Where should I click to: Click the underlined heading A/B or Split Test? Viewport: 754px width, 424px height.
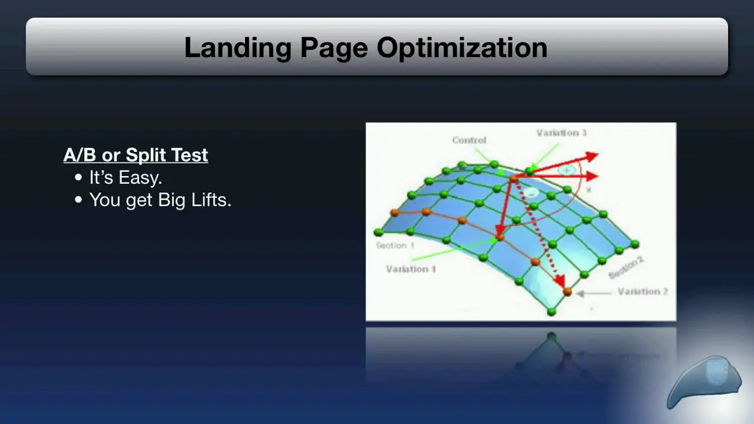(x=135, y=155)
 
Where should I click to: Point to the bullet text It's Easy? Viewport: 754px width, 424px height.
(x=125, y=177)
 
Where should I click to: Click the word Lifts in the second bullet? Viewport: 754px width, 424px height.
(x=211, y=200)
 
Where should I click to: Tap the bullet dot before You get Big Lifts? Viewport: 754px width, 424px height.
(x=78, y=200)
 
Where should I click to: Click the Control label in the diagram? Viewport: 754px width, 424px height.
(x=469, y=140)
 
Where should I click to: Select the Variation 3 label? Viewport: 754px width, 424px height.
(x=561, y=133)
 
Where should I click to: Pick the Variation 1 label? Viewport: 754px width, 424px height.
(x=411, y=269)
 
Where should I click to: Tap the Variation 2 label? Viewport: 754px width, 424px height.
(x=643, y=291)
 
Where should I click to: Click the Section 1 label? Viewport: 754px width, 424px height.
(x=395, y=246)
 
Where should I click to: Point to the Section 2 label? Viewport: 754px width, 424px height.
(x=626, y=268)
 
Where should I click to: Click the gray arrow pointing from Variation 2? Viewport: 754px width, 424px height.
(x=593, y=293)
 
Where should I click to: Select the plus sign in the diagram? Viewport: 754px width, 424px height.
(x=567, y=170)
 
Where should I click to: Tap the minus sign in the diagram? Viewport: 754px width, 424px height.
(x=531, y=194)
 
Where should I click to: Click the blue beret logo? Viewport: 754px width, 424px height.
(x=704, y=382)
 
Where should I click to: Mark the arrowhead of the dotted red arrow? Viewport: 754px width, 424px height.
(x=560, y=281)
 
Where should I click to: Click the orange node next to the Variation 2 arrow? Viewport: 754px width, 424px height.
(x=567, y=291)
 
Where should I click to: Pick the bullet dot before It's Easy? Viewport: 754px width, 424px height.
(x=78, y=177)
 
